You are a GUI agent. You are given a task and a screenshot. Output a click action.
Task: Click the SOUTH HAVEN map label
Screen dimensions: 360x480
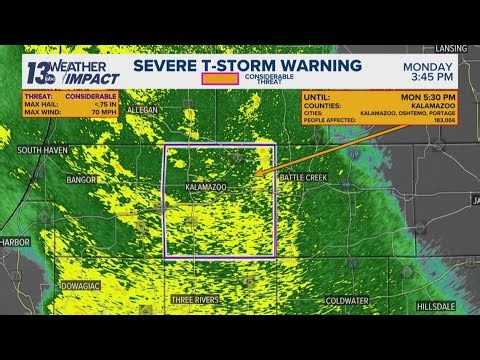(x=41, y=150)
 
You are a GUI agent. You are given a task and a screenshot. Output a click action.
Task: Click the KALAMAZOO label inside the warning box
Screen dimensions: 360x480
(x=206, y=187)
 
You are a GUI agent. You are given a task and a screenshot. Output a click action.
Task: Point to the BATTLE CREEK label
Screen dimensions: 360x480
(x=302, y=177)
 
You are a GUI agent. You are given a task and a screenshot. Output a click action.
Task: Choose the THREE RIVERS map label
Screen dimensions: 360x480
(x=195, y=299)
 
